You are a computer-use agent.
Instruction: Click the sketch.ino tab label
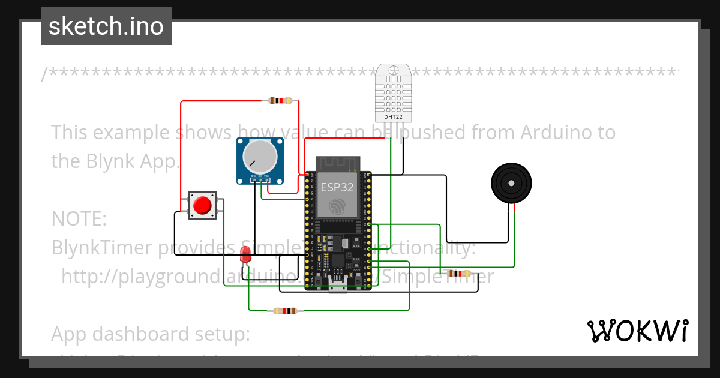coord(106,26)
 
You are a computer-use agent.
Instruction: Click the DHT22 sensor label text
coord(393,117)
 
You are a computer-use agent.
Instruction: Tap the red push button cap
coord(203,205)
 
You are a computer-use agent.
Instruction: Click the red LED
coord(245,254)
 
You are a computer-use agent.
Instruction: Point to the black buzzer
coord(511,184)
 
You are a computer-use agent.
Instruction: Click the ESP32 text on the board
coord(337,187)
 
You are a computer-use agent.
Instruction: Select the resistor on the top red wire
coord(281,101)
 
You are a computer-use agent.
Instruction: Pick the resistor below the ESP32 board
coord(284,311)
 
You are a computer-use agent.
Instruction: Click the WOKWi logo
coord(637,331)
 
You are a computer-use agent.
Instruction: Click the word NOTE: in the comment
coord(79,219)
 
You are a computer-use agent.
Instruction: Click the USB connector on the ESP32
coord(337,285)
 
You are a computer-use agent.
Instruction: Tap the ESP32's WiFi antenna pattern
coord(337,163)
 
